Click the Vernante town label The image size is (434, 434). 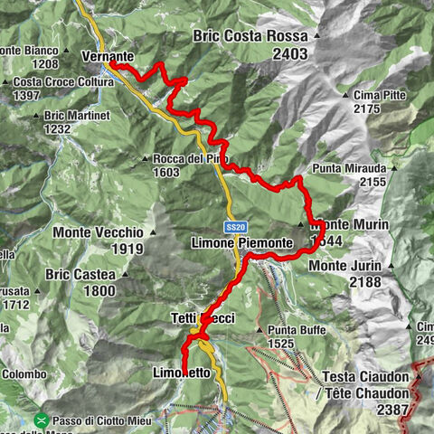point(107,56)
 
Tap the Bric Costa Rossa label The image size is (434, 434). point(247,36)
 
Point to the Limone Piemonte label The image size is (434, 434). point(241,243)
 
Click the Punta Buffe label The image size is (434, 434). point(294,330)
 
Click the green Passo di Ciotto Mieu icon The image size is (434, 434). point(42,420)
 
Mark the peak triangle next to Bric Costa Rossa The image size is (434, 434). point(317,36)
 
